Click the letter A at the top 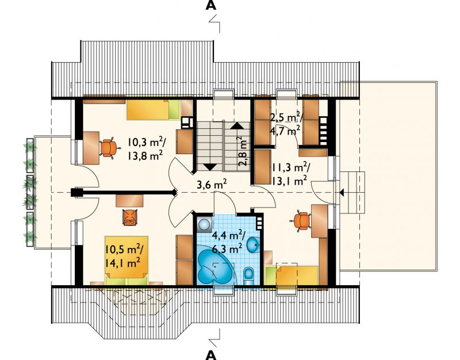click(x=211, y=5)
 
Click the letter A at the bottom click(x=211, y=355)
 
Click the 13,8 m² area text click(x=145, y=156)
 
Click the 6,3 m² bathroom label click(x=227, y=249)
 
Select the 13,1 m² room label click(x=289, y=181)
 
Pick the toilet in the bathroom click(x=248, y=276)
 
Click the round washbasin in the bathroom click(x=253, y=244)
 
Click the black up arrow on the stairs click(x=237, y=126)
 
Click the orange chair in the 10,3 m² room click(x=108, y=148)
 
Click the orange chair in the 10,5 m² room click(x=130, y=217)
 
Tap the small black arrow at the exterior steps click(x=342, y=193)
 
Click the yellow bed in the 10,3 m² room click(x=153, y=109)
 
